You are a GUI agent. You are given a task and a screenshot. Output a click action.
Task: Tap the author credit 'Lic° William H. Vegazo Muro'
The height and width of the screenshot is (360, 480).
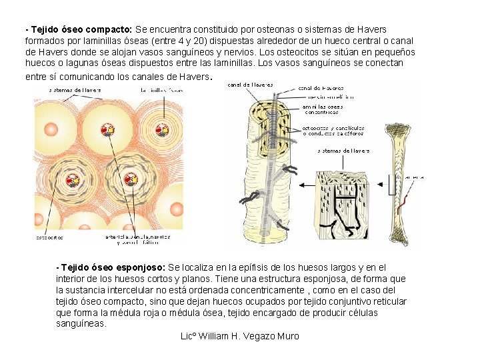click(x=240, y=336)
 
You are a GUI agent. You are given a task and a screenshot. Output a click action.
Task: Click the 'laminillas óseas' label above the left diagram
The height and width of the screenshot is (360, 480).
click(x=163, y=90)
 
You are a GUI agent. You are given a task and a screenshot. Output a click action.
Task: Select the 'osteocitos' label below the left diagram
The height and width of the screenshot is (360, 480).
click(x=49, y=237)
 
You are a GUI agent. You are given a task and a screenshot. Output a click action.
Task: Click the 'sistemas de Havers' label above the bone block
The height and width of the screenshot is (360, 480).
click(x=343, y=151)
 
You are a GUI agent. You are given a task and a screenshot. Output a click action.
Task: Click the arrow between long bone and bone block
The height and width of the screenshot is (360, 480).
click(x=387, y=185)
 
